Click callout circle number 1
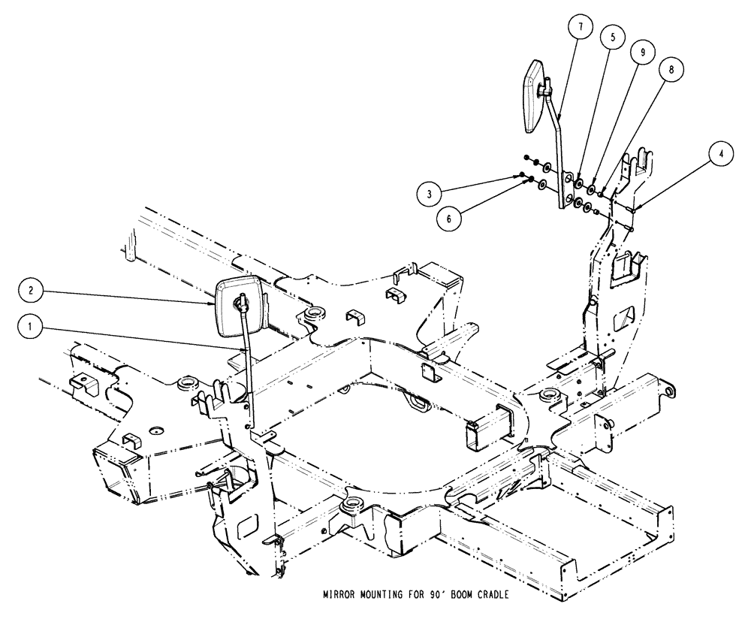[30, 327]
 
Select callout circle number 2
[30, 288]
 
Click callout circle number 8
[671, 68]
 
